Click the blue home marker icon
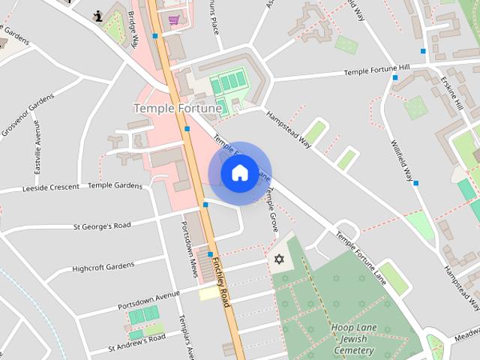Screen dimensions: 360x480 [x=239, y=173]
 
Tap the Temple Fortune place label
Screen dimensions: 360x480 [x=178, y=109]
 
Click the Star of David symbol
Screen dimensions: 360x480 [x=279, y=259]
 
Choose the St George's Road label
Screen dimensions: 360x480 [x=101, y=225]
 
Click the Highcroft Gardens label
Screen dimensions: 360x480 [x=100, y=265]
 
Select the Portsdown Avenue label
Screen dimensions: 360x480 [x=149, y=300]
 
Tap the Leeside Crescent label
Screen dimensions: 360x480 [x=49, y=187]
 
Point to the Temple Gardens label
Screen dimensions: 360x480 [x=115, y=184]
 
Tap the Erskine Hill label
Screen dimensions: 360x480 [x=452, y=94]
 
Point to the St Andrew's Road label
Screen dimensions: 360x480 [x=136, y=342]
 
